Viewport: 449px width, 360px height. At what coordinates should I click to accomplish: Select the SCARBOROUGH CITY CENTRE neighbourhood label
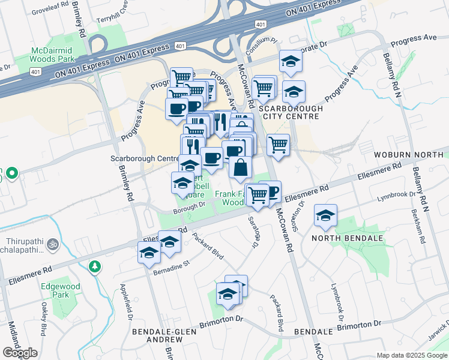(x=291, y=112)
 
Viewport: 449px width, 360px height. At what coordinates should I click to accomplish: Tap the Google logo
(x=20, y=353)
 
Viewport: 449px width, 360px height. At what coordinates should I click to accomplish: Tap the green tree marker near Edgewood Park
(x=94, y=266)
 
